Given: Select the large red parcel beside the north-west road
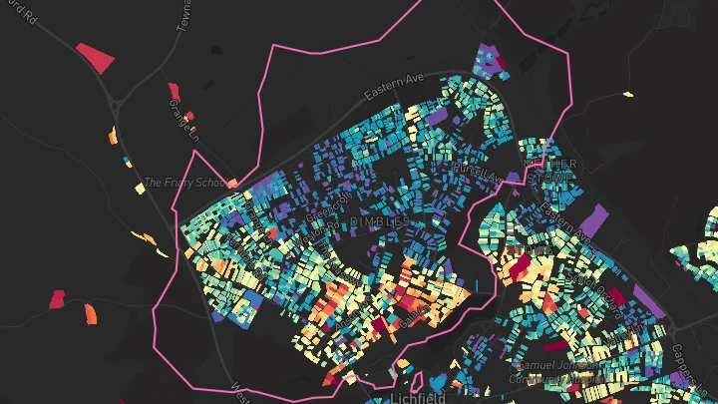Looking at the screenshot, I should click(96, 57).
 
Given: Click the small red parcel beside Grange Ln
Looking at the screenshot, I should click(174, 92).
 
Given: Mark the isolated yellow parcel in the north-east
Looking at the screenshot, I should click(628, 95).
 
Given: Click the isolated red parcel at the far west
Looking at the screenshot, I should click(57, 298).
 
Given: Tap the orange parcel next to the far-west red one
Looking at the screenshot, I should click(91, 313).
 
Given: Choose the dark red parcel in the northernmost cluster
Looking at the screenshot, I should click(501, 68).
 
